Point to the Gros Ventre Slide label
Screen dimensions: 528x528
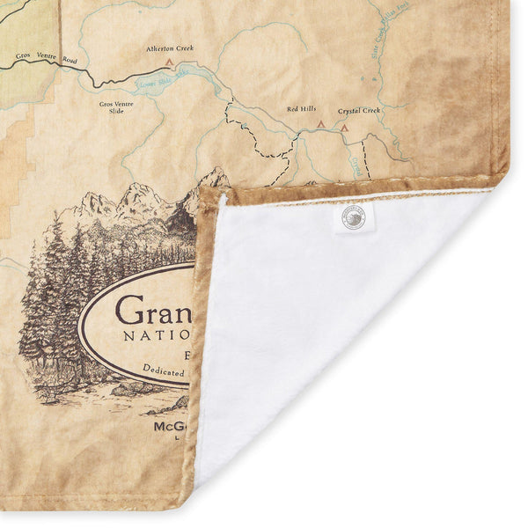pyautogui.click(x=117, y=107)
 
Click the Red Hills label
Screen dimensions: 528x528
pyautogui.click(x=301, y=110)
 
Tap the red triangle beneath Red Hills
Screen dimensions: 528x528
pyautogui.click(x=321, y=125)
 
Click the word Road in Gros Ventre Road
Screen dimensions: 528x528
pyautogui.click(x=70, y=60)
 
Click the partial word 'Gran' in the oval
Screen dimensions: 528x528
pyautogui.click(x=154, y=310)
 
